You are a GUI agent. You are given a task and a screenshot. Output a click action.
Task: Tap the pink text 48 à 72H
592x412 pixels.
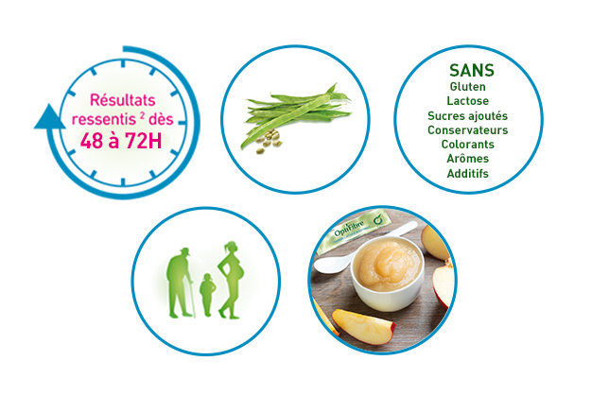pos(121,141)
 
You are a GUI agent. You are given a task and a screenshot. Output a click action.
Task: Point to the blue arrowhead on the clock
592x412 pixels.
pos(49,117)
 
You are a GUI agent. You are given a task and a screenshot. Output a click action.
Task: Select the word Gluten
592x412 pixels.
pos(468,87)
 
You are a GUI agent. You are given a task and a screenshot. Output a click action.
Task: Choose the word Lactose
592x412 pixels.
pos(468,101)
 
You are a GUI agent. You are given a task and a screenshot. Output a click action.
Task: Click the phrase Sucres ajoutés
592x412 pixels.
pos(468,116)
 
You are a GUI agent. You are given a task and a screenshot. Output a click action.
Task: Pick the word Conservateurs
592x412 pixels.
pos(468,130)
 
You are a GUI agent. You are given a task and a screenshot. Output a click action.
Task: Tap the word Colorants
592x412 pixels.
pos(468,145)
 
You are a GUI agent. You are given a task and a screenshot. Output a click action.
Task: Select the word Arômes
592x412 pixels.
pos(468,159)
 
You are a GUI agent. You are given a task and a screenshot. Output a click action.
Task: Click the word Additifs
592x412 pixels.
pos(468,174)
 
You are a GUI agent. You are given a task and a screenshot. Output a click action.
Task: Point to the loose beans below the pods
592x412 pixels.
pos(269,141)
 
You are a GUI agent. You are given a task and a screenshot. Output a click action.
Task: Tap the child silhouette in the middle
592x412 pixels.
pos(207,295)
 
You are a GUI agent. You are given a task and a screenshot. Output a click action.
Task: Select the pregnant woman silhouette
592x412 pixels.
pos(231,280)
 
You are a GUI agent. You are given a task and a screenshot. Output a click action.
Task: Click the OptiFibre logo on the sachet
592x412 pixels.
pos(349,228)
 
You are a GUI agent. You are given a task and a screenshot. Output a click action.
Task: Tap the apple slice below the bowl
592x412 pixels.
pos(363,326)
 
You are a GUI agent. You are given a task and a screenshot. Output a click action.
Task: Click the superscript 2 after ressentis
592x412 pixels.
pos(142,115)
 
